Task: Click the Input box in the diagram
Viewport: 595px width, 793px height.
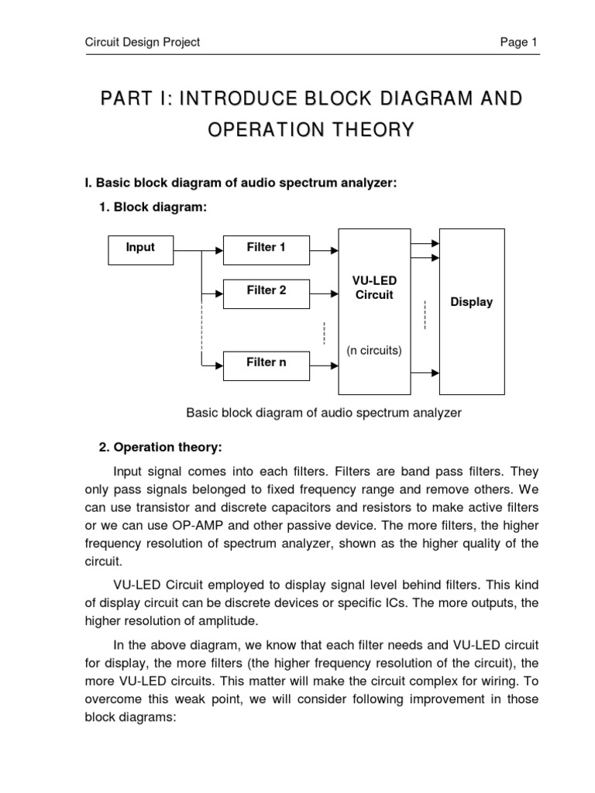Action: pyautogui.click(x=140, y=249)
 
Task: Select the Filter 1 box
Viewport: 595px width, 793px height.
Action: pyautogui.click(x=266, y=249)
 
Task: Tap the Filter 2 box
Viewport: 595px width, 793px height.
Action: pyautogui.click(x=266, y=291)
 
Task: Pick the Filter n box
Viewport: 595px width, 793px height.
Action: pyautogui.click(x=266, y=363)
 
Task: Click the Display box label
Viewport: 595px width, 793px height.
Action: pyautogui.click(x=471, y=302)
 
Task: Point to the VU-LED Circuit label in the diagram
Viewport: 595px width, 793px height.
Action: pyautogui.click(x=374, y=288)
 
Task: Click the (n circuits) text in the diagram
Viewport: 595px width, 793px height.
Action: pyautogui.click(x=374, y=350)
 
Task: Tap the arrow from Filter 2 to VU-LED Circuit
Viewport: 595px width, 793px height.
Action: pyautogui.click(x=324, y=294)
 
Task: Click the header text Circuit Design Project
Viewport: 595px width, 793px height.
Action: pyautogui.click(x=143, y=43)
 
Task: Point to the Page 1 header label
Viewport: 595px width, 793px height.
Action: pyautogui.click(x=518, y=43)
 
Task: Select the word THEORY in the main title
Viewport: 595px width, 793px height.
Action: pyautogui.click(x=376, y=130)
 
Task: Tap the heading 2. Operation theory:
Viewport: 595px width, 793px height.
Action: pyautogui.click(x=160, y=448)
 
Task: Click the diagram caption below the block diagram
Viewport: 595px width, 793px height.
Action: pyautogui.click(x=324, y=413)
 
